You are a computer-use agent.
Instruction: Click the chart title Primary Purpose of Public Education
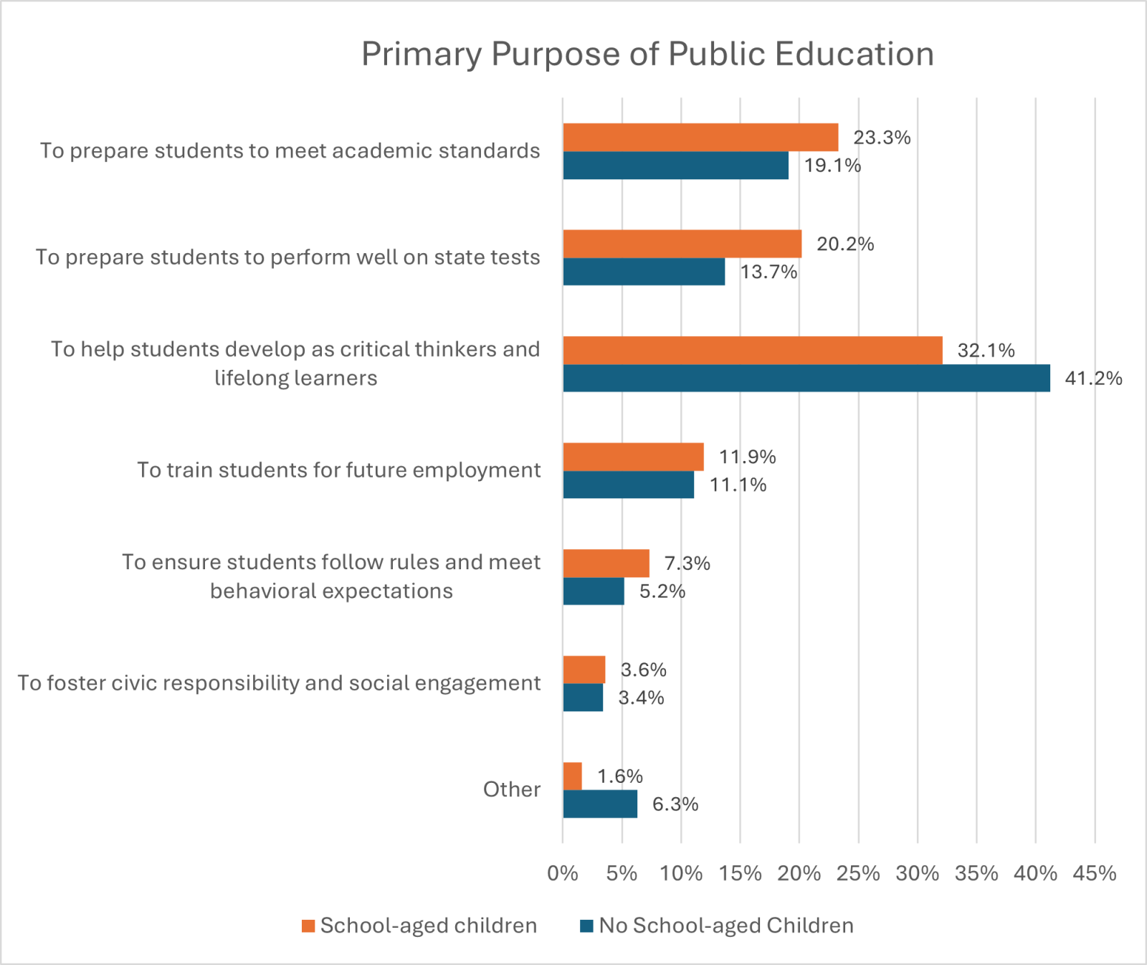pos(647,54)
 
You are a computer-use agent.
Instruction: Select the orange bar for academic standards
pos(700,138)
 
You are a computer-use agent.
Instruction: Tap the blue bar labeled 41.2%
pos(806,378)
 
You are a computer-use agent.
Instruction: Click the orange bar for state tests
pos(682,244)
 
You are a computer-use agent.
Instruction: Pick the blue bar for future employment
pos(628,485)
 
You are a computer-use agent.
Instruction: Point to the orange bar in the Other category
pos(572,776)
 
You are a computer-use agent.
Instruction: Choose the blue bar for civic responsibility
pos(583,698)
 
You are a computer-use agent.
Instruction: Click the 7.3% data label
pos(687,564)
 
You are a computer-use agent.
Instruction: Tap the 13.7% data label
pos(768,272)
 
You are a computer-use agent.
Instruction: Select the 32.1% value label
pos(986,351)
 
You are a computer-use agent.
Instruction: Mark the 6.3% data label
pos(675,804)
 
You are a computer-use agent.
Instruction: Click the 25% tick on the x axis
pos(858,873)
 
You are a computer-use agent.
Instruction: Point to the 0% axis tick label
pos(563,873)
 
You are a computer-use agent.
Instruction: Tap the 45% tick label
pos(1094,873)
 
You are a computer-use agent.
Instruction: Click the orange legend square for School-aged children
pos(308,926)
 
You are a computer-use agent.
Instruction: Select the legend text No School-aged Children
pos(726,926)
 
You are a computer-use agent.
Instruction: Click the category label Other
pos(511,789)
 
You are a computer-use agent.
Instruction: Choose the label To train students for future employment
pos(338,470)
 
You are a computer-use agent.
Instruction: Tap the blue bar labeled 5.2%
pos(594,591)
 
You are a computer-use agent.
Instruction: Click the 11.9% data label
pos(747,457)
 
